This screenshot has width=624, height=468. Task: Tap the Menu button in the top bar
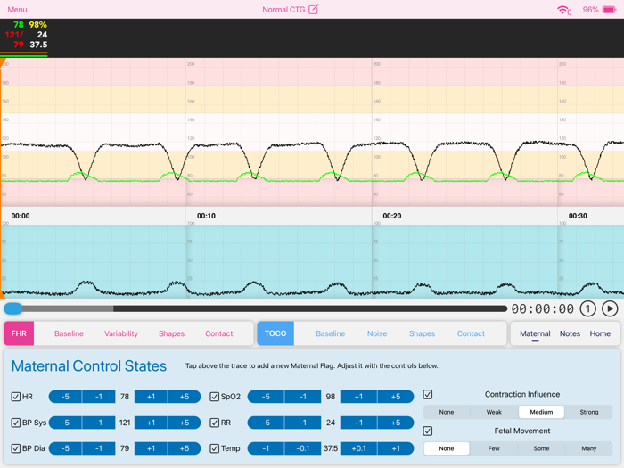(x=17, y=10)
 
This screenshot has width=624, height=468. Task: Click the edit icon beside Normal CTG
(x=313, y=10)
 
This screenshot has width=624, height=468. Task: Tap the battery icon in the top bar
(x=610, y=10)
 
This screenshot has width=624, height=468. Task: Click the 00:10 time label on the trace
(x=206, y=216)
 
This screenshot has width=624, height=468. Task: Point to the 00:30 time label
(x=579, y=216)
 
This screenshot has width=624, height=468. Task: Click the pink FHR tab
(x=19, y=333)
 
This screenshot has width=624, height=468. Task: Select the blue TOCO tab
(x=275, y=333)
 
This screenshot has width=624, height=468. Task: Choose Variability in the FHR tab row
(x=121, y=333)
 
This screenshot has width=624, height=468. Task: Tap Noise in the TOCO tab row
(x=377, y=333)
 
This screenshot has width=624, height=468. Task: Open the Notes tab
(x=570, y=333)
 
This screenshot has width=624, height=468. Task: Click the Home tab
(x=600, y=333)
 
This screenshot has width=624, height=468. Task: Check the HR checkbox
(x=16, y=397)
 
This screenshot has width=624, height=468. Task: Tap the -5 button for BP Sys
(x=65, y=423)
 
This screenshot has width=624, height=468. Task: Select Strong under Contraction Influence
(x=588, y=412)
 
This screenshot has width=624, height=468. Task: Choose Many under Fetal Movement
(x=588, y=448)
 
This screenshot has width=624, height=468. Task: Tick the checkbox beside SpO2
(x=214, y=397)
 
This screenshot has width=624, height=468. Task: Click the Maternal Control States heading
(x=89, y=365)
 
